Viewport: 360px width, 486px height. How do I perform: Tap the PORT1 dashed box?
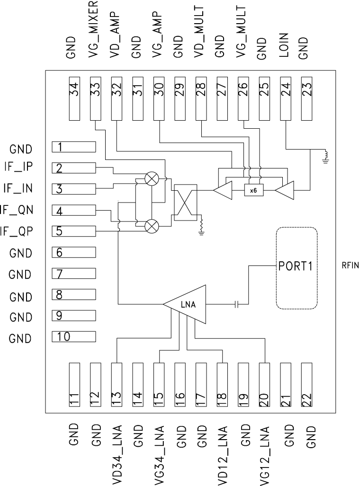click(296, 268)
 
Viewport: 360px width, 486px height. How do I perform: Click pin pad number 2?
click(74, 168)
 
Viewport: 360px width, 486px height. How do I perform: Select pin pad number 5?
click(74, 231)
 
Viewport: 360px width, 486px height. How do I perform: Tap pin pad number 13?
click(117, 385)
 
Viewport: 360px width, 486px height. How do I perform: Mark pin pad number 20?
click(264, 385)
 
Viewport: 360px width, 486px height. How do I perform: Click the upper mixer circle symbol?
click(152, 178)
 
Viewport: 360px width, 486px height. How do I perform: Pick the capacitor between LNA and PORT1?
click(237, 304)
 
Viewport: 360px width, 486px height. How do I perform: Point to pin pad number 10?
click(74, 336)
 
